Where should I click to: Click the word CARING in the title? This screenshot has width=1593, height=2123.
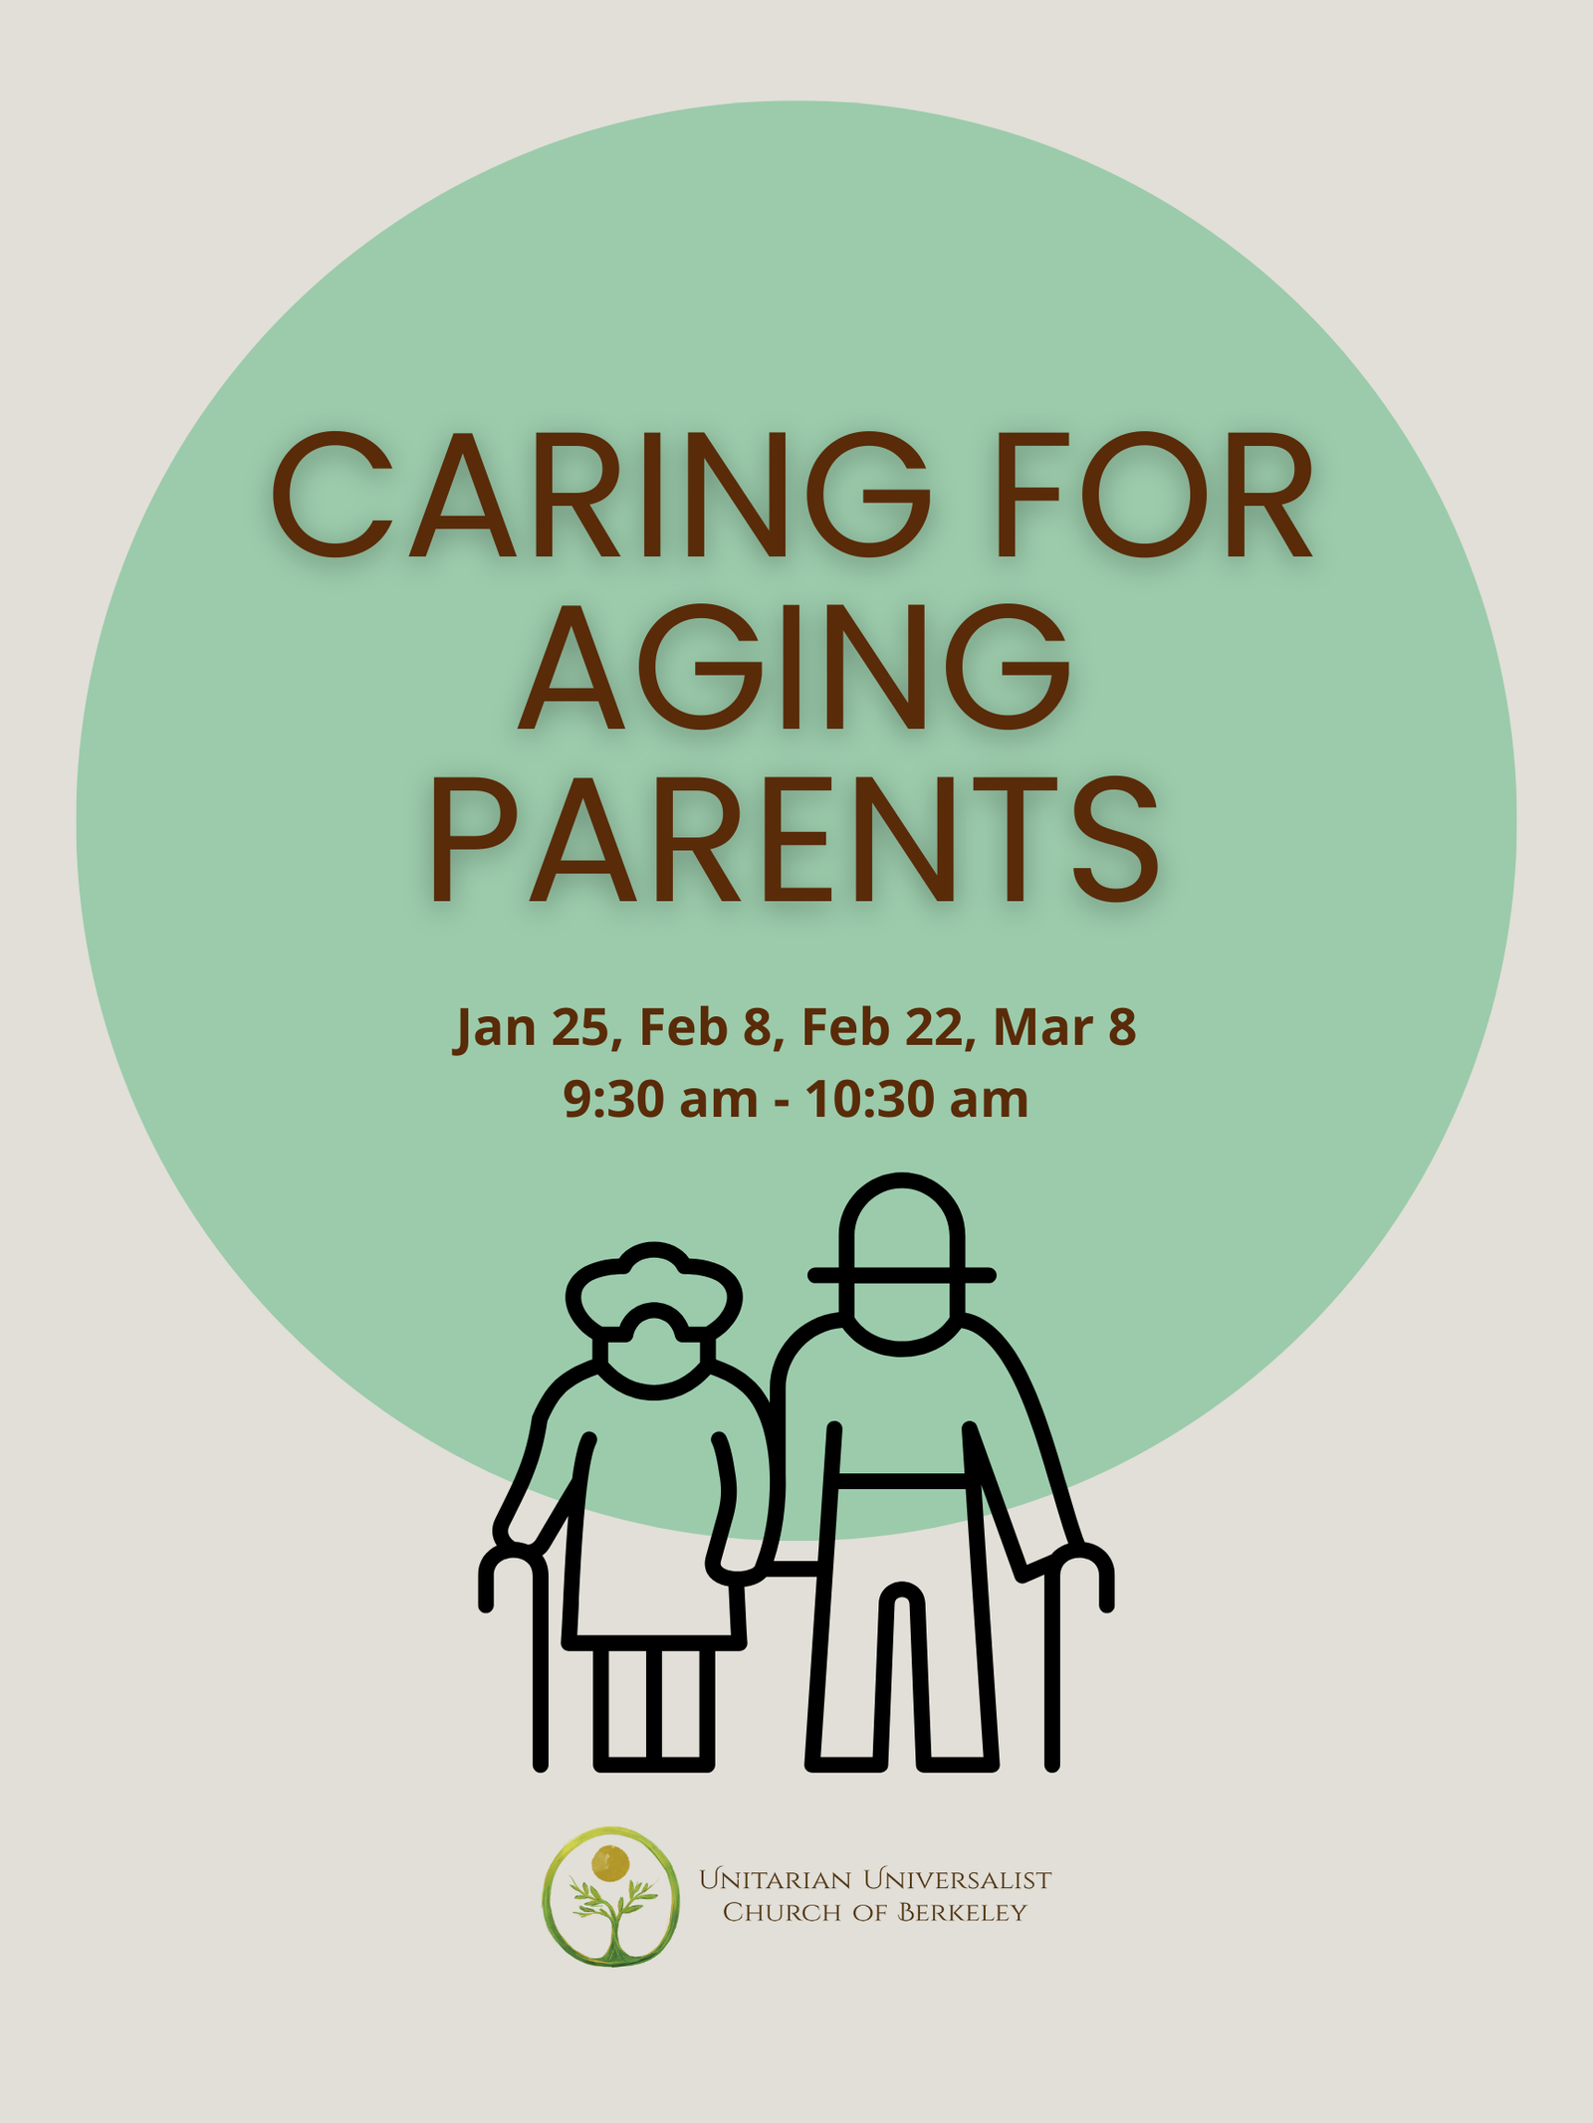600,495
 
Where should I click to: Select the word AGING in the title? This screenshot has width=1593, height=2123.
795,667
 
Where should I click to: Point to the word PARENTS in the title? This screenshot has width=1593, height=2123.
795,839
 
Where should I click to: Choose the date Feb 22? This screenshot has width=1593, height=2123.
882,1027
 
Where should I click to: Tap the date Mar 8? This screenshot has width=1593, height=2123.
1064,1027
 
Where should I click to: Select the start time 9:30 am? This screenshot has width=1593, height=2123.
660,1100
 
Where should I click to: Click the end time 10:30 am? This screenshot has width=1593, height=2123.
916,1100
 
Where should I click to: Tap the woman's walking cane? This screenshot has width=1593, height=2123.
538,1672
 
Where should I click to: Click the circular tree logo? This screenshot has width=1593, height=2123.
611,1896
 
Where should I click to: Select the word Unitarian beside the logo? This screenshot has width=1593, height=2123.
776,1879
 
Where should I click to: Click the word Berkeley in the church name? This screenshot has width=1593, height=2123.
962,1912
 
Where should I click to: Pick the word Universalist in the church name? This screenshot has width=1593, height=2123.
957,1879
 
